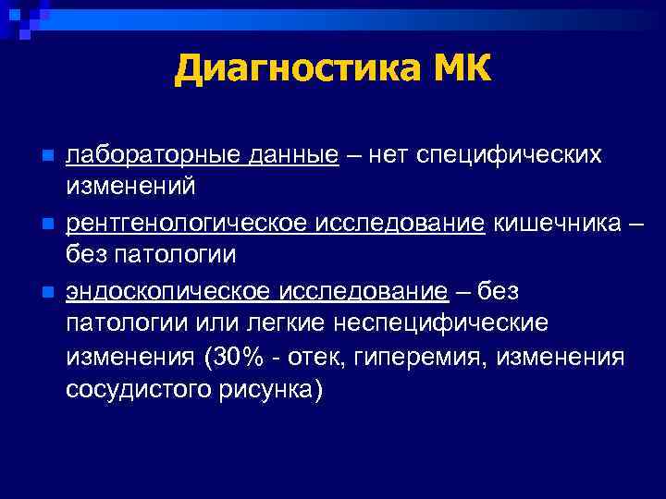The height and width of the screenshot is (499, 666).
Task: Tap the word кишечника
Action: (x=554, y=222)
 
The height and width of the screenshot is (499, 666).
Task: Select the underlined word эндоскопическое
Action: (x=166, y=291)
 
